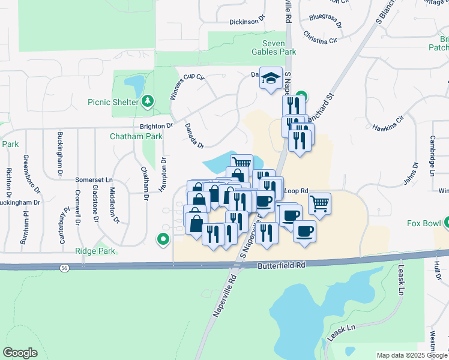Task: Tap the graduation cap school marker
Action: [271, 78]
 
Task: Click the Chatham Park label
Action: [136, 136]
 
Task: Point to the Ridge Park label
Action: [94, 251]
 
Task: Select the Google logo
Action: [20, 353]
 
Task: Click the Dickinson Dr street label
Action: [247, 22]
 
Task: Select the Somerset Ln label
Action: [94, 179]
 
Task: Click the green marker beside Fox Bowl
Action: [445, 223]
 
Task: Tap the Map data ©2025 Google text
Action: [411, 355]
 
